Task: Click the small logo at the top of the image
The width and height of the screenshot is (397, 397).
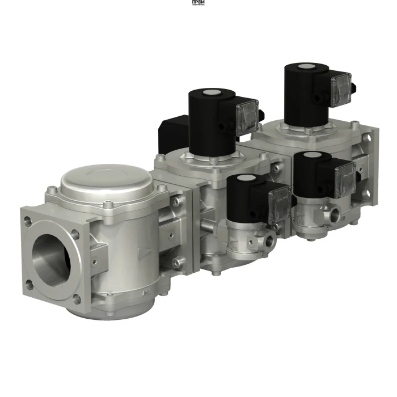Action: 198,3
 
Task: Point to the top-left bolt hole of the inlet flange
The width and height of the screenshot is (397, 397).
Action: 27,223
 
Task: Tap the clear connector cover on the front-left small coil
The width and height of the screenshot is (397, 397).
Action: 278,199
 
